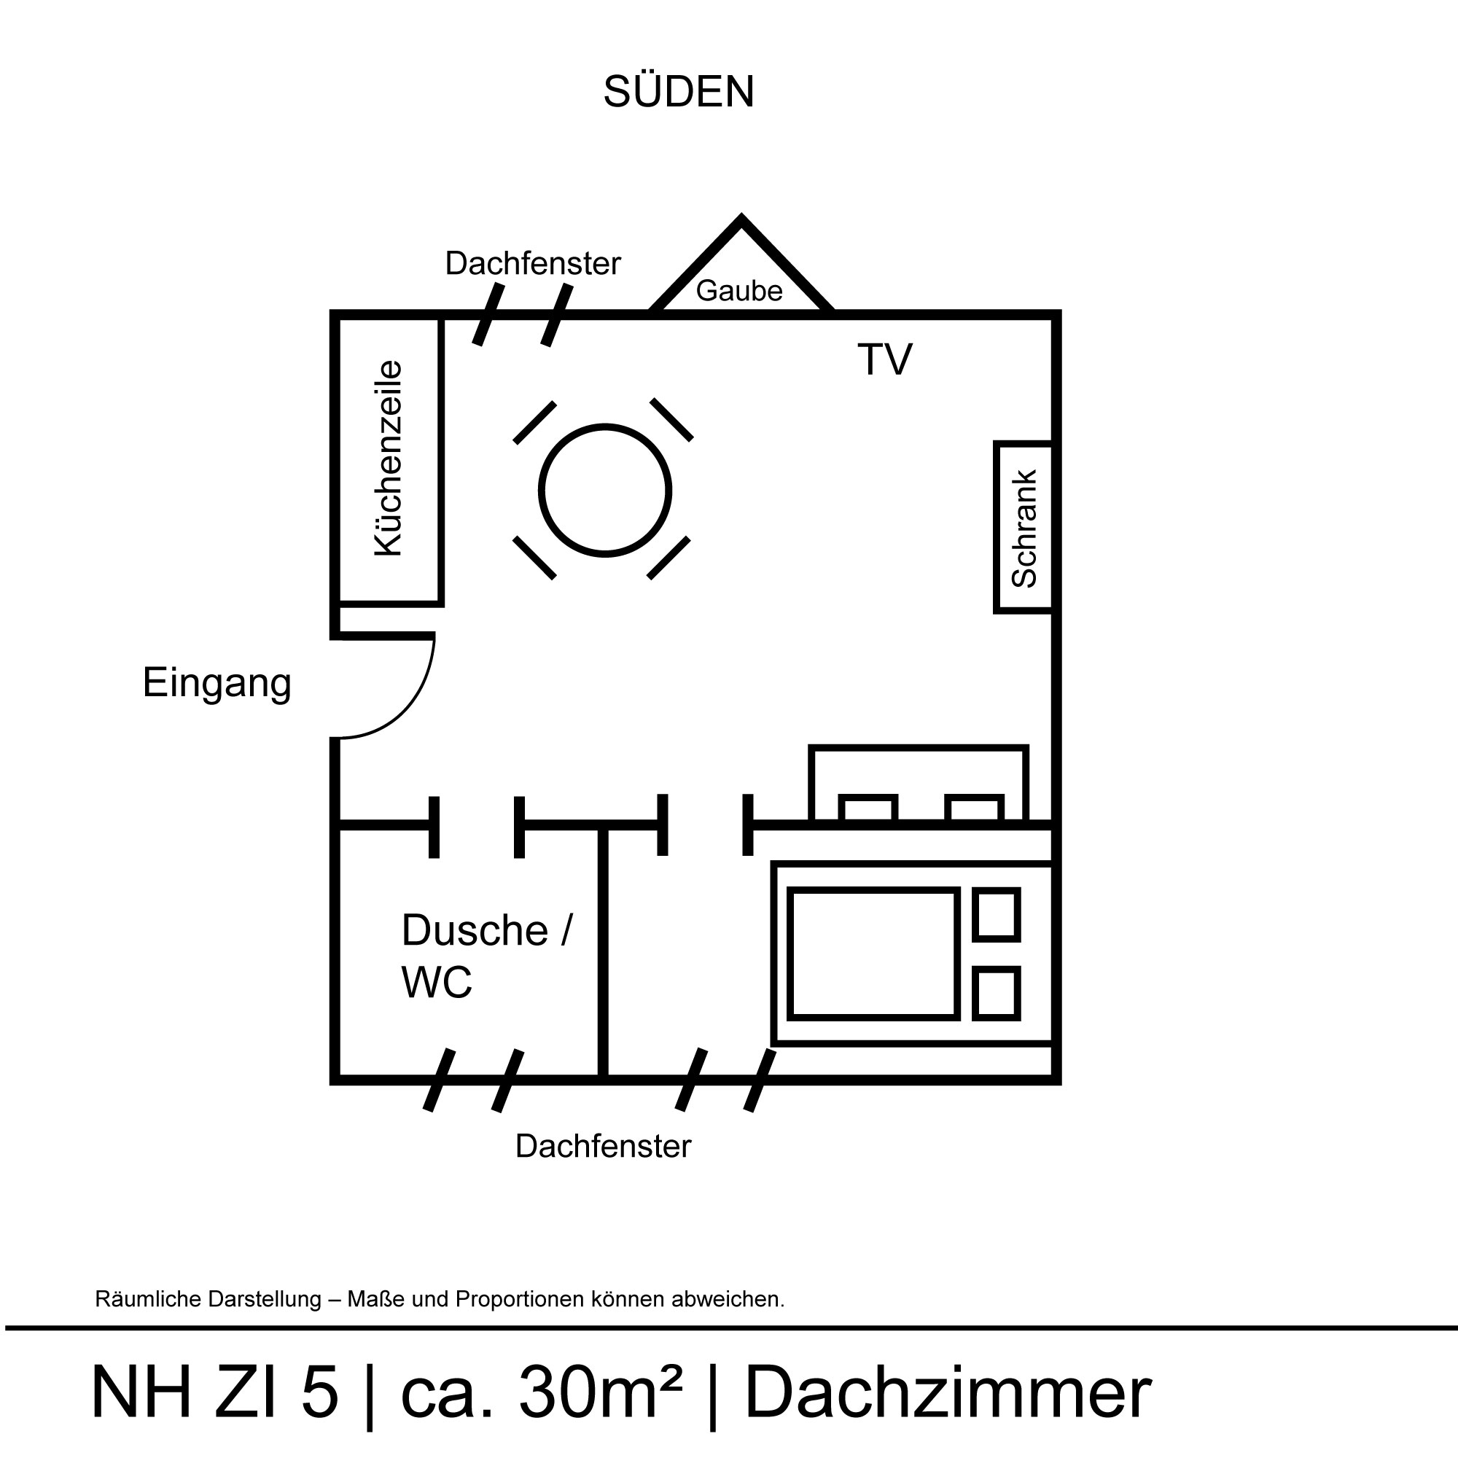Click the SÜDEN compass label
point(679,91)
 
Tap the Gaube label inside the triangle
point(738,291)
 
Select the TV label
point(884,359)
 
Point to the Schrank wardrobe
point(1024,528)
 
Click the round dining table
point(605,491)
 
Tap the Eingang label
point(217,684)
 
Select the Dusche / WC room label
point(487,956)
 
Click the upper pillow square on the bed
point(996,915)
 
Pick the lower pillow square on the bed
point(996,993)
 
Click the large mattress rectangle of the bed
point(873,954)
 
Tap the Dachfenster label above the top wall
point(533,263)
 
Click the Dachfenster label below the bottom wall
point(603,1146)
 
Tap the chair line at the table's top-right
point(671,420)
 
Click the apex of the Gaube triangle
point(741,218)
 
